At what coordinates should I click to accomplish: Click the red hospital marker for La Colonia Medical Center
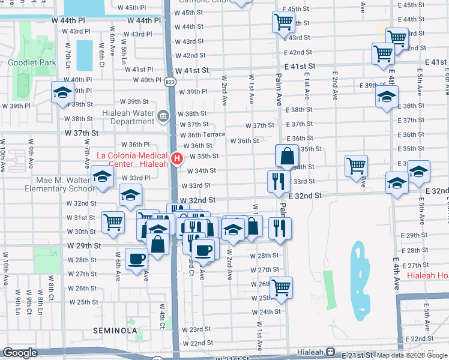[x=177, y=159]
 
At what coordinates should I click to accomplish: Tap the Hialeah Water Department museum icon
[x=163, y=115]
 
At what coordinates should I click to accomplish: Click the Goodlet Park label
[x=23, y=62]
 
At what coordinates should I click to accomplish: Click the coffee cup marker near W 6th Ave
[x=137, y=259]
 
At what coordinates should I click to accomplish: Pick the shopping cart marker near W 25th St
[x=281, y=288]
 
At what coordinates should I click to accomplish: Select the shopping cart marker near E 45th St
[x=283, y=22]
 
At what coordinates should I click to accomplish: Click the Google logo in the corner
[x=20, y=353]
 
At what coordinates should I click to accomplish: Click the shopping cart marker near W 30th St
[x=113, y=222]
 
